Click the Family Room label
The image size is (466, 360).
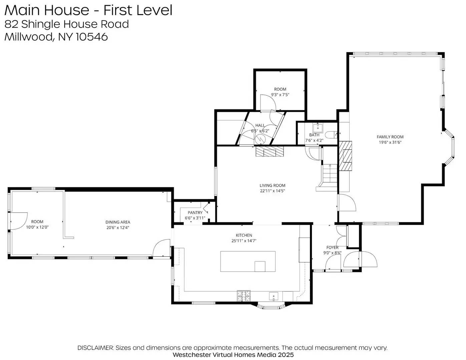(x=390, y=137)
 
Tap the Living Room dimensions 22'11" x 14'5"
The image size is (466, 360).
(x=273, y=191)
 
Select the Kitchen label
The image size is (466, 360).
(x=244, y=235)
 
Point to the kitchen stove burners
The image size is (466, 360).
(x=244, y=295)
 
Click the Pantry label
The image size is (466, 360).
(x=195, y=213)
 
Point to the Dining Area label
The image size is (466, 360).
(x=118, y=222)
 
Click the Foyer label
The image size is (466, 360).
(x=332, y=247)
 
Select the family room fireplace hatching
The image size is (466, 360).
(x=346, y=156)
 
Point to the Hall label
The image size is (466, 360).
(x=260, y=125)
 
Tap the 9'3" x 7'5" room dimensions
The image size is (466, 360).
(x=280, y=95)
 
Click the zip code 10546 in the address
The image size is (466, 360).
(x=92, y=37)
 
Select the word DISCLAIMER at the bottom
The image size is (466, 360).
(x=95, y=348)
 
